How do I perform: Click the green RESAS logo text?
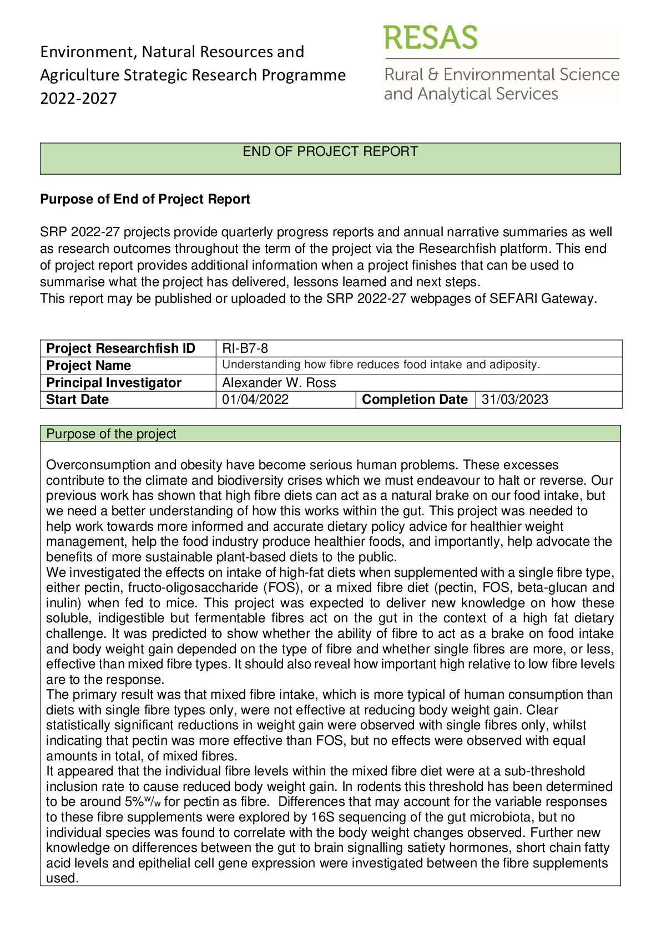[x=430, y=38]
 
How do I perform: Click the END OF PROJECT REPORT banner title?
[x=330, y=151]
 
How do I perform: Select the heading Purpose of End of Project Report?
[x=145, y=199]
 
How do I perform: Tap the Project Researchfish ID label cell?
[x=120, y=348]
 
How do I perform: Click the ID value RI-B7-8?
[x=245, y=348]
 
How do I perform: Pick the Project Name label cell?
[x=88, y=366]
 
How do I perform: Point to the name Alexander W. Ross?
[x=279, y=383]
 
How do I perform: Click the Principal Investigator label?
[x=114, y=383]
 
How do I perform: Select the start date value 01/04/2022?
[x=255, y=399]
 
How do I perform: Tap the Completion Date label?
[x=415, y=399]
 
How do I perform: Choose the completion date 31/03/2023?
[x=514, y=399]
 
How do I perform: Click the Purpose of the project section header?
[x=111, y=434]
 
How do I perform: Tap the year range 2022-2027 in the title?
[x=78, y=98]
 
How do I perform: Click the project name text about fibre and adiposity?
[x=381, y=365]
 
